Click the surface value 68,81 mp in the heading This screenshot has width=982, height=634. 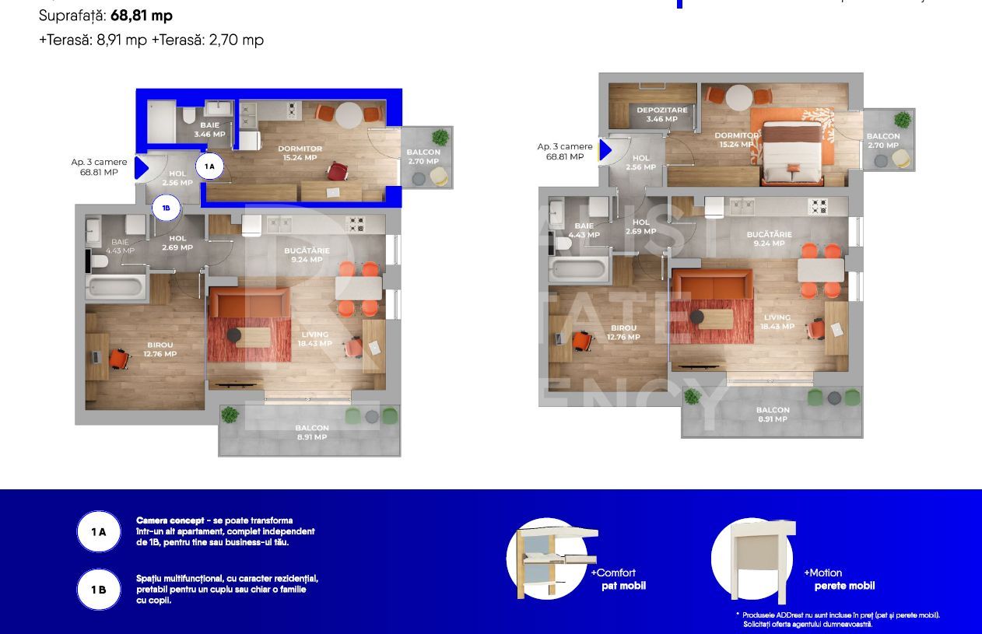point(141,16)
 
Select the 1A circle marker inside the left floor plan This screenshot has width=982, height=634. point(209,166)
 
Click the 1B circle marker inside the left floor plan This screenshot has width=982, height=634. point(166,208)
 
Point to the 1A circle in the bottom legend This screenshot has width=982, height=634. point(99,532)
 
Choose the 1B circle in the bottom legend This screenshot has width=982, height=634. point(99,590)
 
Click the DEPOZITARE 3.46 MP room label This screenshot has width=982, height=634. point(661,114)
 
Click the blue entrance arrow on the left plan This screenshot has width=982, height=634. point(142,167)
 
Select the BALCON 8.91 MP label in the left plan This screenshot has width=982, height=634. point(312,433)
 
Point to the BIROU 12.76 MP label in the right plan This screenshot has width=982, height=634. point(623,333)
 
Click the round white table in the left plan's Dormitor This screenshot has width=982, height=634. point(349,114)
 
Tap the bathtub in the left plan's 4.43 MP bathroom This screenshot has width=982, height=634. point(116,285)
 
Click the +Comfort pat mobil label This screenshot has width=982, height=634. point(619,579)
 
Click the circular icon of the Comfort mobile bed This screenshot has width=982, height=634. point(547,559)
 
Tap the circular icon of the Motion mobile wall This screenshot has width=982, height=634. point(752,559)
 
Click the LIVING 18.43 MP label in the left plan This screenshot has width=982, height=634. point(314,339)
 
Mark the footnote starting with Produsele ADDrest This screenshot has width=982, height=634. point(840,619)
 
